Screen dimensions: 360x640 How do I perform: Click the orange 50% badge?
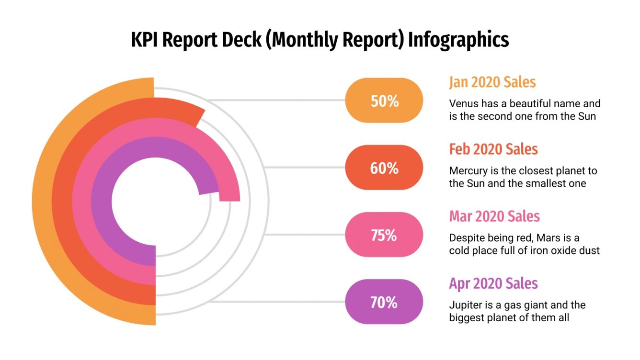click(x=384, y=101)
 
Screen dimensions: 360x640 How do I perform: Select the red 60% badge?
click(x=384, y=168)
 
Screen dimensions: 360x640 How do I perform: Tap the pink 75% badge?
click(x=384, y=235)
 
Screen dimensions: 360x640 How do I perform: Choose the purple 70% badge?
click(x=384, y=302)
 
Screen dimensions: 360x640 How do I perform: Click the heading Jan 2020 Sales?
click(x=492, y=82)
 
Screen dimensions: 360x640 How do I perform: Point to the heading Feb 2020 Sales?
click(x=493, y=149)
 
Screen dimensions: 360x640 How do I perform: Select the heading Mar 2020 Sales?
click(x=494, y=216)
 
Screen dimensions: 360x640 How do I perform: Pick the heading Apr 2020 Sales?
click(x=493, y=283)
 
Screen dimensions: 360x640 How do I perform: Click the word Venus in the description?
click(x=463, y=103)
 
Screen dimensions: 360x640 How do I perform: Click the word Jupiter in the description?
click(x=465, y=305)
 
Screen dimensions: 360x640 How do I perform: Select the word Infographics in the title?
click(x=458, y=40)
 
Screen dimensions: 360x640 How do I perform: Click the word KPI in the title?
click(x=146, y=40)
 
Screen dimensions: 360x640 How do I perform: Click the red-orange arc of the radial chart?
click(x=62, y=201)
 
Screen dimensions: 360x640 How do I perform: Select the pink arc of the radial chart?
click(x=81, y=201)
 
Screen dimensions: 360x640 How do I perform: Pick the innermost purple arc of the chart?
click(x=102, y=201)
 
